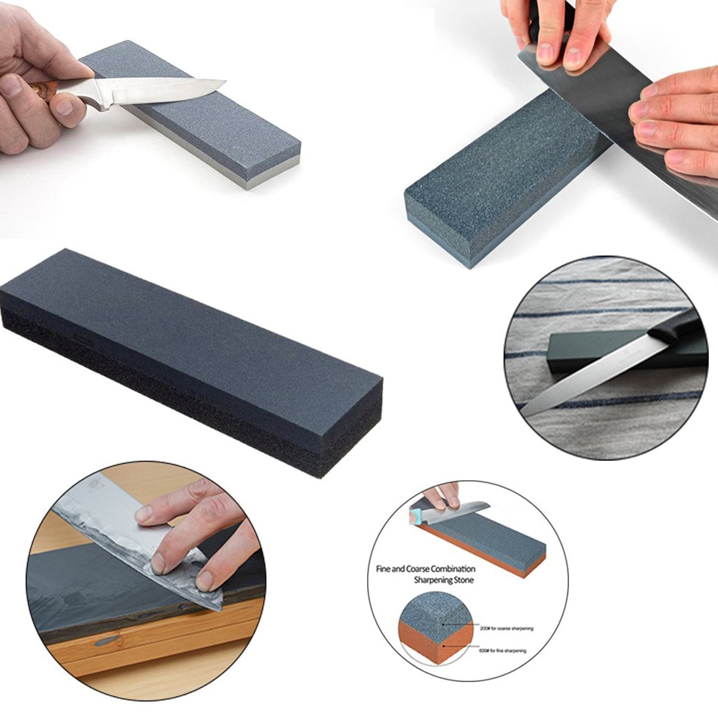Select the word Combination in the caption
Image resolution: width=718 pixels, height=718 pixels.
(452, 569)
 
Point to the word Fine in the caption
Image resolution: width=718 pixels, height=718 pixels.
(383, 569)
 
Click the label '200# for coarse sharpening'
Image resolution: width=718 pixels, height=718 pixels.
(506, 628)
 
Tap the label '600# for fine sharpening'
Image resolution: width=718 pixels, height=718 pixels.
(503, 651)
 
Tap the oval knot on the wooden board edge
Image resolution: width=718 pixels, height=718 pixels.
(106, 640)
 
